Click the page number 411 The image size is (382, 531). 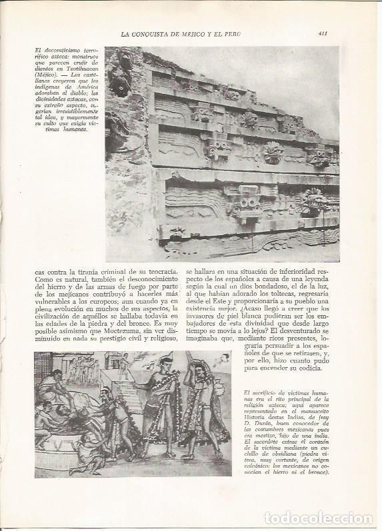click(322, 33)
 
